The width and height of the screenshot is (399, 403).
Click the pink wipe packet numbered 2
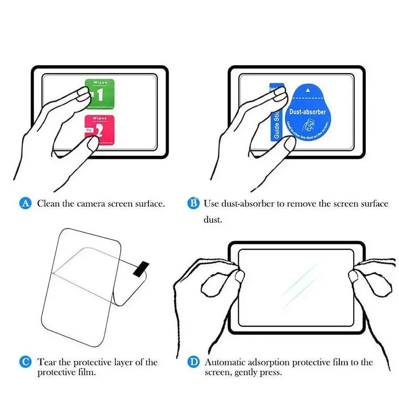[x=100, y=129]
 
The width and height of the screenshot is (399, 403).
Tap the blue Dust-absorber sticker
[x=307, y=111]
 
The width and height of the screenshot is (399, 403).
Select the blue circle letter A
[x=26, y=203]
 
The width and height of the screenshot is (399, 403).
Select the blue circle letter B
[x=194, y=203]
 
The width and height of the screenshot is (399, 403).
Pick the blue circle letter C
[x=26, y=363]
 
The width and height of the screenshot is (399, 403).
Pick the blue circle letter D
[x=194, y=363]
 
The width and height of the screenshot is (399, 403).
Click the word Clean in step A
[x=49, y=203]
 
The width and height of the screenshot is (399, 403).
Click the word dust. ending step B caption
[x=213, y=220]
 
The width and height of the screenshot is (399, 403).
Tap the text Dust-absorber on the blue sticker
[x=307, y=112]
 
